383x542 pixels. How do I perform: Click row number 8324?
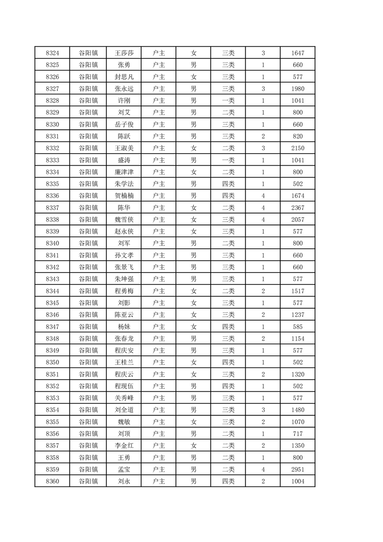coord(52,53)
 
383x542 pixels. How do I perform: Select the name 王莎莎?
coord(124,53)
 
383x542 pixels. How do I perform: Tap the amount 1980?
coord(298,89)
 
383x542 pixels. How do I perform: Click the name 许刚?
coord(124,100)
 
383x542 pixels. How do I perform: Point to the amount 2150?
coord(298,148)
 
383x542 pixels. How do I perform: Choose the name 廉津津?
coord(124,172)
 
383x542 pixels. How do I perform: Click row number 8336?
coord(52,196)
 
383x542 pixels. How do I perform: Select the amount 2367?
coord(298,208)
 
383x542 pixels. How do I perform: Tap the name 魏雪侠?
coord(124,219)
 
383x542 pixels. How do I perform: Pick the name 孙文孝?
coord(124,255)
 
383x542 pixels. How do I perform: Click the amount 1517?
coord(298,291)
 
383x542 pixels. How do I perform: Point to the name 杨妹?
coord(124,327)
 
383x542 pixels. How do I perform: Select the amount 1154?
coord(298,339)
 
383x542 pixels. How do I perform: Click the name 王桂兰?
coord(124,362)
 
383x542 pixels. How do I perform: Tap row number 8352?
coord(52,386)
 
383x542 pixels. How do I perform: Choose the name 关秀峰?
coord(124,398)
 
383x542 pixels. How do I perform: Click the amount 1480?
coord(298,410)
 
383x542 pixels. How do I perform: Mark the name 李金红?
coord(124,445)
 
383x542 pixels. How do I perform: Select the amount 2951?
coord(298,469)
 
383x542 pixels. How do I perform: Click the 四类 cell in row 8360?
coord(228,481)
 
